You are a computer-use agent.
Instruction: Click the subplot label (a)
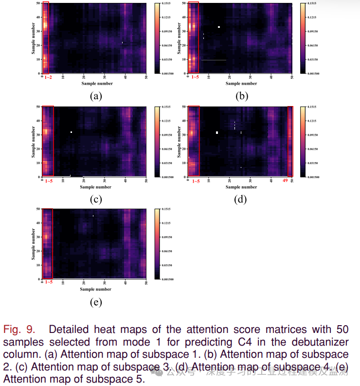(96, 96)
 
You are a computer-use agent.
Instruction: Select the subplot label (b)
(242, 96)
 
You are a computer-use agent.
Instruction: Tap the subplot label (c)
(96, 199)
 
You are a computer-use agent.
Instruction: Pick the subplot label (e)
(96, 302)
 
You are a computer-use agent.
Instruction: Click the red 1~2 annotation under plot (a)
(48, 78)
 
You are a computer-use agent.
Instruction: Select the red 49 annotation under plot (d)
(286, 181)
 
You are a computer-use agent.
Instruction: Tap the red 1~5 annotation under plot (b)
(195, 78)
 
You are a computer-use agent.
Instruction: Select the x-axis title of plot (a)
(97, 84)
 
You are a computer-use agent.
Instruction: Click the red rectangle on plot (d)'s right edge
(290, 141)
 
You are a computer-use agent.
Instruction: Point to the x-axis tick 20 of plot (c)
(84, 180)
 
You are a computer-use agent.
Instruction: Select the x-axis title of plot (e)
(96, 289)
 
